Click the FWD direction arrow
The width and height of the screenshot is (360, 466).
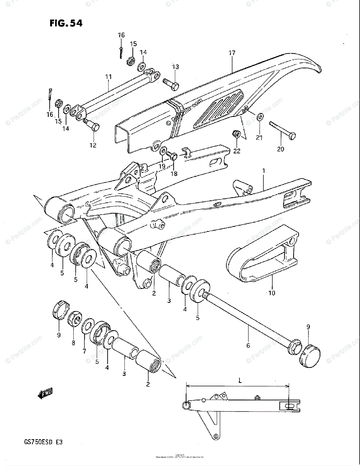tap(45, 394)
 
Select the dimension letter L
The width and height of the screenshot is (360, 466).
tap(240, 381)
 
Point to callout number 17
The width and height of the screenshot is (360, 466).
tap(232, 52)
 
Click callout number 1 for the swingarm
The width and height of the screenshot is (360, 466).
tap(263, 171)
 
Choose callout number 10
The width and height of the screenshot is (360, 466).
tap(271, 293)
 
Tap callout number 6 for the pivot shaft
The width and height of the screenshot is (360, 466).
tap(248, 345)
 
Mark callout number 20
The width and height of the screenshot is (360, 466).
tap(280, 149)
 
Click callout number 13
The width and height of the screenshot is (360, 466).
tap(176, 67)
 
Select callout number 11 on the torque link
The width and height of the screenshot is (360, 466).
tap(108, 77)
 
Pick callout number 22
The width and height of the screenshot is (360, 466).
tap(237, 151)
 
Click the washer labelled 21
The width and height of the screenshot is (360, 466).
tap(260, 116)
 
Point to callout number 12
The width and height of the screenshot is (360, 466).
tap(93, 145)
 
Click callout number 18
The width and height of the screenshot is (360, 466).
tap(174, 174)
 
